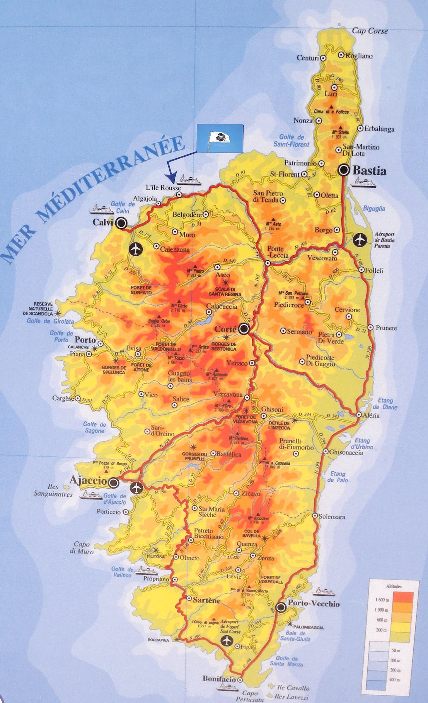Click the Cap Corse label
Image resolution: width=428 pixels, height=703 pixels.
[x=370, y=31]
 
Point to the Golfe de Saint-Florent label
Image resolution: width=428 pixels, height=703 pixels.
[x=291, y=141]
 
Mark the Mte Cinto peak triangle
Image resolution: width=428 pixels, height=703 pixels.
[x=179, y=301]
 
